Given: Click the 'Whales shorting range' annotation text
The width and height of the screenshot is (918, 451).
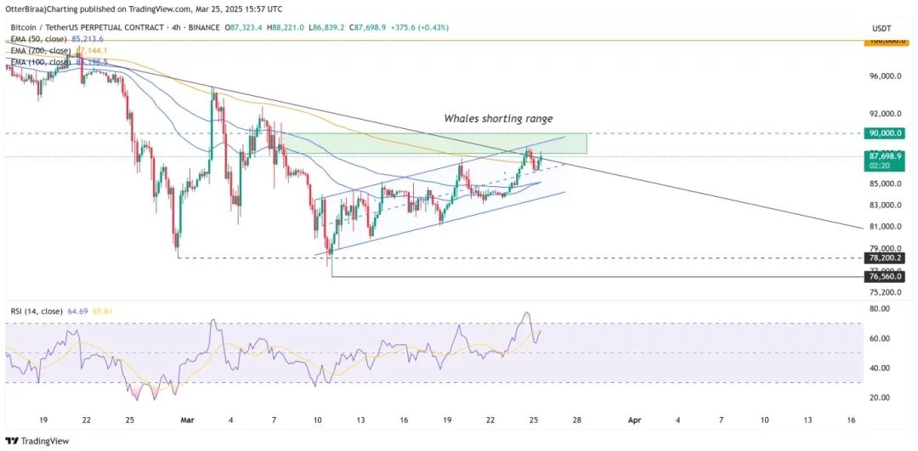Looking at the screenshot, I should point(504,119).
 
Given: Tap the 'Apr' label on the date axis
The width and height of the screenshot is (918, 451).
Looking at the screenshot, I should point(632,420).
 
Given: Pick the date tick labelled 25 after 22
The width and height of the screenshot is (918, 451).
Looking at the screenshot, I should point(533,420).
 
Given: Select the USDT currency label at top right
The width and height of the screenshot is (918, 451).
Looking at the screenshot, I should point(881,29).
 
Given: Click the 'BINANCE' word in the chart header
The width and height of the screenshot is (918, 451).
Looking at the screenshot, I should point(201,28).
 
